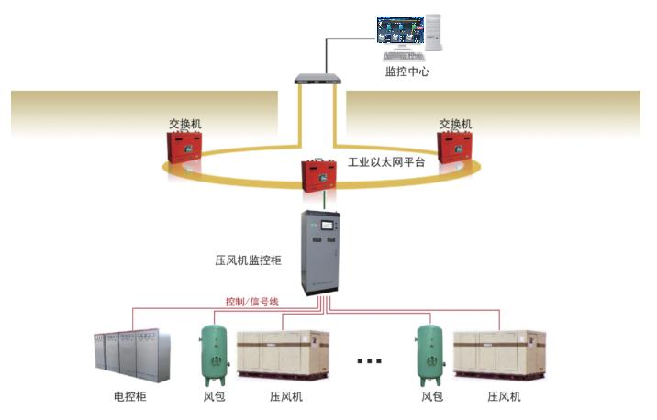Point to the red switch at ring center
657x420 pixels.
[x=322, y=175]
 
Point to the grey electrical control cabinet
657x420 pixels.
[x=129, y=356]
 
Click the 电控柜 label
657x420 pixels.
[x=129, y=396]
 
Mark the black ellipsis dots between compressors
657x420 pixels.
[x=368, y=361]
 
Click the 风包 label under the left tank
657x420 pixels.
[x=216, y=396]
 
